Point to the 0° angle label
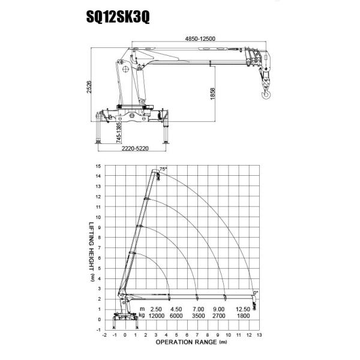(x=256, y=292)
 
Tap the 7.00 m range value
(x=199, y=308)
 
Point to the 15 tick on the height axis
(x=98, y=165)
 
